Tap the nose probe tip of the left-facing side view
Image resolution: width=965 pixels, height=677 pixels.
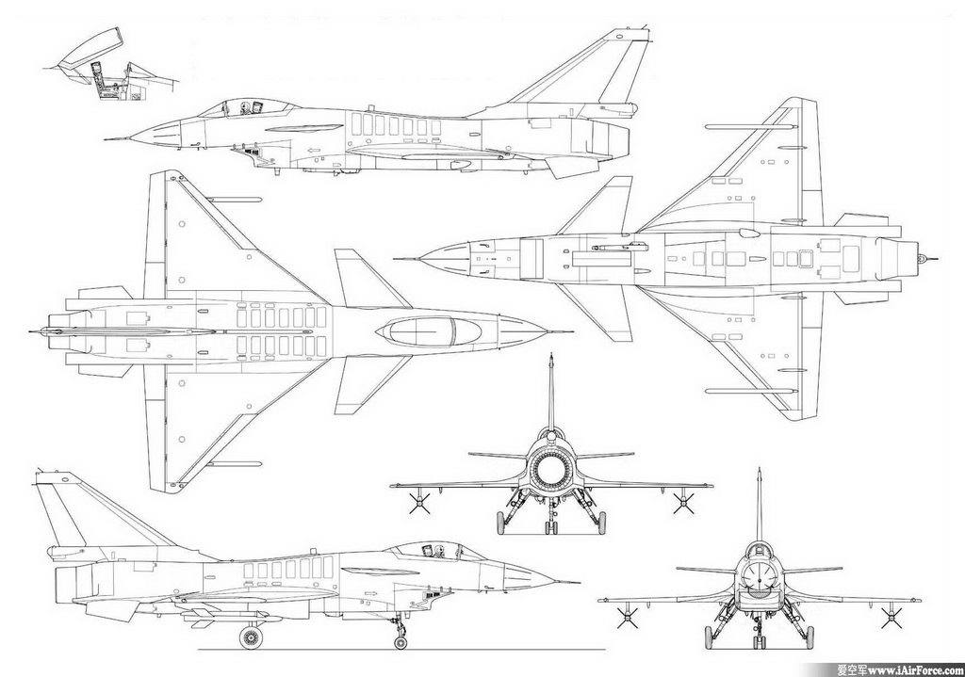click(106, 139)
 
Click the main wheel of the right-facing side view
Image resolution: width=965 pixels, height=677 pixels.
click(251, 637)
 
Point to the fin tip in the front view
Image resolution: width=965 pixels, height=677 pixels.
click(759, 471)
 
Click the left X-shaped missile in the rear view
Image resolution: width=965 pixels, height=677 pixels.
click(414, 504)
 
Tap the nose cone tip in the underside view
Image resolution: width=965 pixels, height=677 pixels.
click(397, 259)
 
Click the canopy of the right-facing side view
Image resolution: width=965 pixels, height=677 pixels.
click(419, 549)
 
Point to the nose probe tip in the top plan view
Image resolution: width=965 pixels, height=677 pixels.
click(572, 331)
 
